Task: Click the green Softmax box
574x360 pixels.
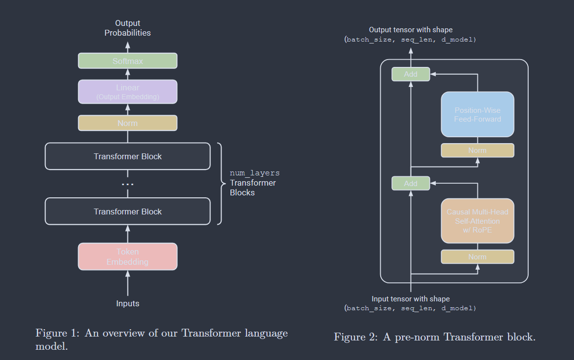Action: tap(127, 61)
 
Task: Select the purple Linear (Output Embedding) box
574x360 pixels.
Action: tap(127, 92)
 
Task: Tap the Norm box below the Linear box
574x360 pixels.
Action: tap(127, 123)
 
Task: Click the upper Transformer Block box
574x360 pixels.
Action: tap(127, 156)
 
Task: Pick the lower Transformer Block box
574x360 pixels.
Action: tap(127, 212)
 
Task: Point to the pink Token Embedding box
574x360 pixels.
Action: tap(127, 256)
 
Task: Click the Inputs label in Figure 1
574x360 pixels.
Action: tap(127, 303)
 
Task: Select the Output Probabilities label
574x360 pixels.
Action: tap(127, 28)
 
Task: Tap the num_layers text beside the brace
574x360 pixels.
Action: tap(254, 173)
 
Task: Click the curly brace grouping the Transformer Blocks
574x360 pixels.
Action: tap(219, 183)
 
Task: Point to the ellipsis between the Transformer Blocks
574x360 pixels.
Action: tap(127, 184)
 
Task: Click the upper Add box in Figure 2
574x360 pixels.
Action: tap(410, 74)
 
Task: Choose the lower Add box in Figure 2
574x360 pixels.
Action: tap(410, 183)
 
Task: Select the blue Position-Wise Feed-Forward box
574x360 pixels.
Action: tap(477, 114)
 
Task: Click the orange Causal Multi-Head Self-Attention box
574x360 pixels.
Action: tap(477, 221)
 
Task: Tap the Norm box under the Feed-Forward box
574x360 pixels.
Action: tap(477, 150)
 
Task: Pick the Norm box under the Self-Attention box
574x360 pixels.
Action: tap(477, 257)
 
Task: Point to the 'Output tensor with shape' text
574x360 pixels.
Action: tap(410, 30)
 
